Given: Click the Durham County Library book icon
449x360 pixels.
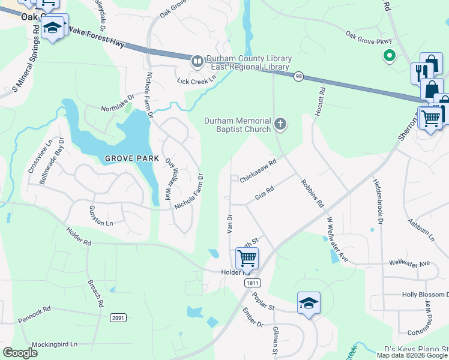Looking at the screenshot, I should coord(196,61).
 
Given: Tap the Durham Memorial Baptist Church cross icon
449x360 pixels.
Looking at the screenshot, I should coord(279,124).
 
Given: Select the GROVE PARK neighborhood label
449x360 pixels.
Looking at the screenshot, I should coord(132,158).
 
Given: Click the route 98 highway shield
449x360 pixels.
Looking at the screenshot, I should coord(298,76).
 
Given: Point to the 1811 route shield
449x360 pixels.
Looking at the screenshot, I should coord(252,282).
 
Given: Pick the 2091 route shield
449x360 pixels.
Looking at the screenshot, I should coord(118,318).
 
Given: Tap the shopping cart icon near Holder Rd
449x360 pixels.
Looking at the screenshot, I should coord(247,259).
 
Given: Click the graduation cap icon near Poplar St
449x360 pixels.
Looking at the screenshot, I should coord(309,303).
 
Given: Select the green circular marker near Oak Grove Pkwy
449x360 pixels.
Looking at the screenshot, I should coord(389,56).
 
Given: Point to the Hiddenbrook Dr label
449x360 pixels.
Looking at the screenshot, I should coord(378,200).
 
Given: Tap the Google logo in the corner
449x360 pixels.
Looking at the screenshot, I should coord(20,352).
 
